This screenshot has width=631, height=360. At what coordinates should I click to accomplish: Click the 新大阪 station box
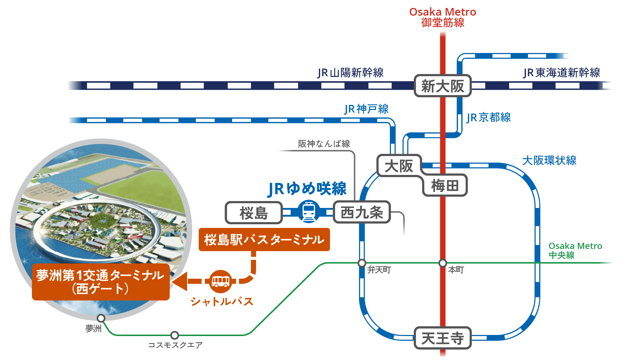[x=442, y=86]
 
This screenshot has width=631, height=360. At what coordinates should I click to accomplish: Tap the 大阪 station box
[x=399, y=166]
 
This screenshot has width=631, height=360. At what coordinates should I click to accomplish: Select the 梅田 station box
[x=445, y=185]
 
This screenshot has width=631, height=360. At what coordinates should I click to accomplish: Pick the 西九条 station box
[x=362, y=212]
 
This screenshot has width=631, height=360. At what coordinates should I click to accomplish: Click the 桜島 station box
[x=253, y=213]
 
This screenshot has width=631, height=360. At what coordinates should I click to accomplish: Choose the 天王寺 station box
[x=442, y=338]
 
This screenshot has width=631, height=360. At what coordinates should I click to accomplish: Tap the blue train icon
[x=309, y=212]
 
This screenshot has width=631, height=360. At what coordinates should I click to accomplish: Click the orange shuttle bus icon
[x=220, y=281]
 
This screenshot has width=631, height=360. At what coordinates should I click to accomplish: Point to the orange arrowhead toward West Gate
[x=180, y=281]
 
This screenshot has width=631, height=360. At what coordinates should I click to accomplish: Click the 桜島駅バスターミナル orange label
[x=264, y=240]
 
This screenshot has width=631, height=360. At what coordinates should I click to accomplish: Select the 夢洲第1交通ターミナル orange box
[x=100, y=282]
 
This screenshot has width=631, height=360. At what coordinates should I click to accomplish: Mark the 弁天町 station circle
[x=362, y=263]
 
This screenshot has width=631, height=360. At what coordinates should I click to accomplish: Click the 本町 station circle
[x=442, y=263]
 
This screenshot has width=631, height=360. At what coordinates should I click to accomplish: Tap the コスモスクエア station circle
[x=174, y=335]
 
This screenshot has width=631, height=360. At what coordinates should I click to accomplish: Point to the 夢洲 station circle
[x=101, y=318]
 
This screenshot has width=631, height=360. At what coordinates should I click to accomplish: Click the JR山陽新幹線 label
[x=350, y=73]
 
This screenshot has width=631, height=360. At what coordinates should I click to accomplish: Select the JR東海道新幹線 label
[x=561, y=73]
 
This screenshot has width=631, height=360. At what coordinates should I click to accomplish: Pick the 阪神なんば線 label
[x=324, y=144]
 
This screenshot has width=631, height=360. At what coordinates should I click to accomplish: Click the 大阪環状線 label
[x=549, y=160]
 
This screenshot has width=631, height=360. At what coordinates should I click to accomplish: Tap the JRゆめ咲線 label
[x=307, y=189]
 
